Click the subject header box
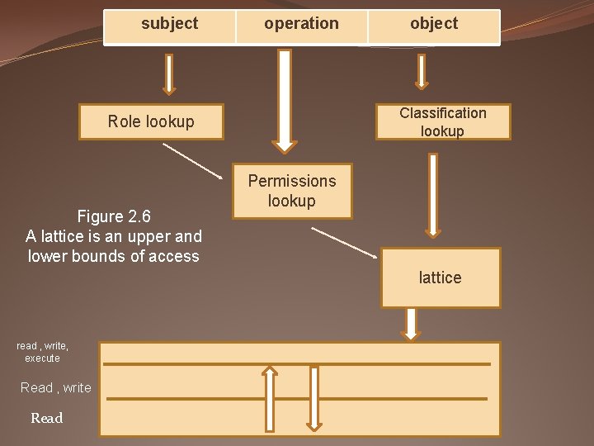(170, 26)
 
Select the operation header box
(301, 26)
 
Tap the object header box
(434, 26)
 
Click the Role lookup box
(151, 122)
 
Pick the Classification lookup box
(443, 122)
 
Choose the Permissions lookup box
(292, 192)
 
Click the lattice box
(441, 278)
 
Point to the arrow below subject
(169, 74)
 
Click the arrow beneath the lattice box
(410, 324)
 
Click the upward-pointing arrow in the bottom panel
(270, 398)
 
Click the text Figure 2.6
(114, 217)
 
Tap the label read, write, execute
(43, 352)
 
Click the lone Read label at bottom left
(47, 419)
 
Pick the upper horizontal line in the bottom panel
(297, 363)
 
